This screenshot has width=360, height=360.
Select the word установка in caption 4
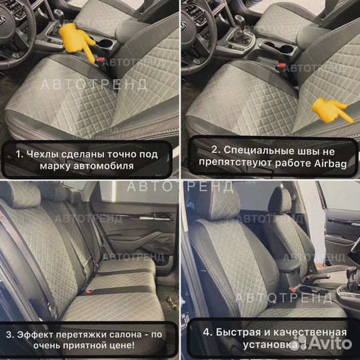(255, 345)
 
